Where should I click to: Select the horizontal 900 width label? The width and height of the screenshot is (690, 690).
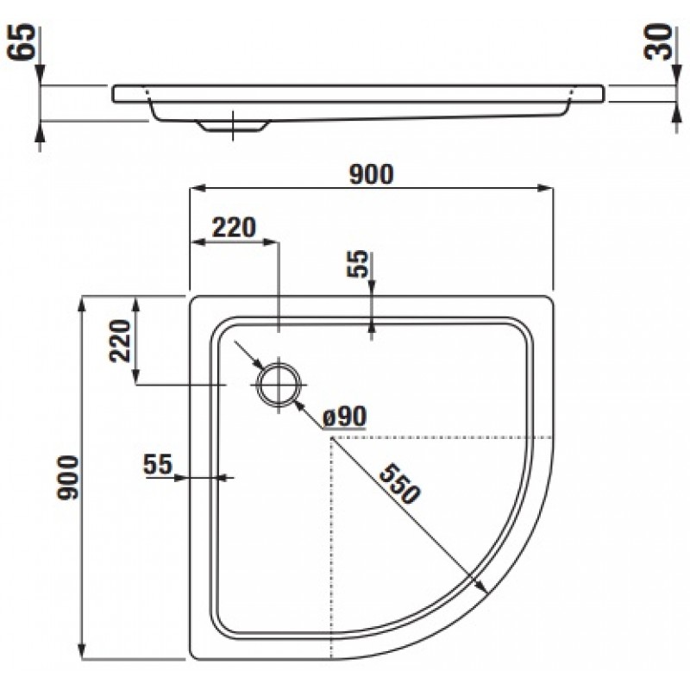click(x=371, y=174)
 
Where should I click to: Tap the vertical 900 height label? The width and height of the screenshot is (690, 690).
click(x=68, y=478)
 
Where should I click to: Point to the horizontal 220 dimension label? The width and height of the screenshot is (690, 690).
click(x=234, y=228)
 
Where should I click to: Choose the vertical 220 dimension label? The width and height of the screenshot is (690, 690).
click(x=121, y=341)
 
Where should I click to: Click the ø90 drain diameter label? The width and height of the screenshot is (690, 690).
click(x=344, y=416)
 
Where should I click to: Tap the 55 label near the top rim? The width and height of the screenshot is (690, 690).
click(x=357, y=264)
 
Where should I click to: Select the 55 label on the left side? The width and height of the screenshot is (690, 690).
click(x=158, y=464)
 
